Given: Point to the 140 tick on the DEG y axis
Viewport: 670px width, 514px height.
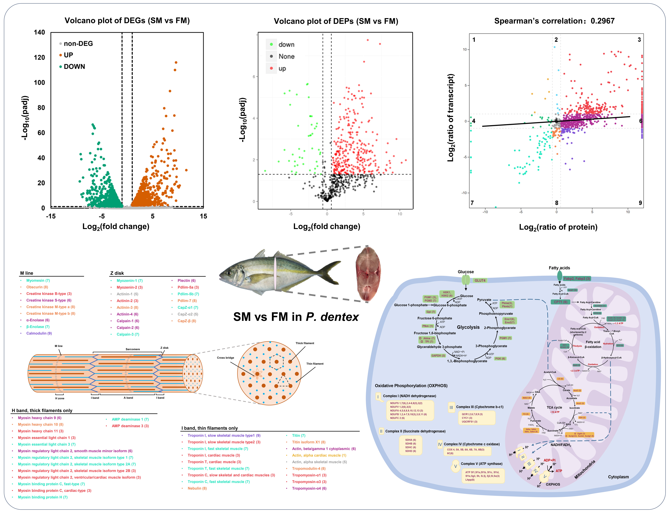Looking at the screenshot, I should (x=39, y=32).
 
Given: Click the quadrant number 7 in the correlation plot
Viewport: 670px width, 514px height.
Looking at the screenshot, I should (x=472, y=203).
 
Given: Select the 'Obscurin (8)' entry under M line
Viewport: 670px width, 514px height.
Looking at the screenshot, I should (x=37, y=287).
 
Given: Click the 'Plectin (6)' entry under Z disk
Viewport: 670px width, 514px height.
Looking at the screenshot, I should (x=186, y=281).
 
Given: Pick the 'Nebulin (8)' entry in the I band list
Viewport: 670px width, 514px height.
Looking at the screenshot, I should (x=197, y=488).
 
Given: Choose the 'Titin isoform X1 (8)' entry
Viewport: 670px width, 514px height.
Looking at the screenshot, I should (x=309, y=442).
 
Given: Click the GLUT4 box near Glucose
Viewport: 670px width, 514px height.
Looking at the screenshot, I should (x=480, y=281).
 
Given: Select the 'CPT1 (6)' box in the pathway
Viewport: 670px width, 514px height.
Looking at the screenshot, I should (x=561, y=302).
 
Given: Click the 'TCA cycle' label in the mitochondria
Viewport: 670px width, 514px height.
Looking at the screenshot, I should (x=554, y=408).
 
